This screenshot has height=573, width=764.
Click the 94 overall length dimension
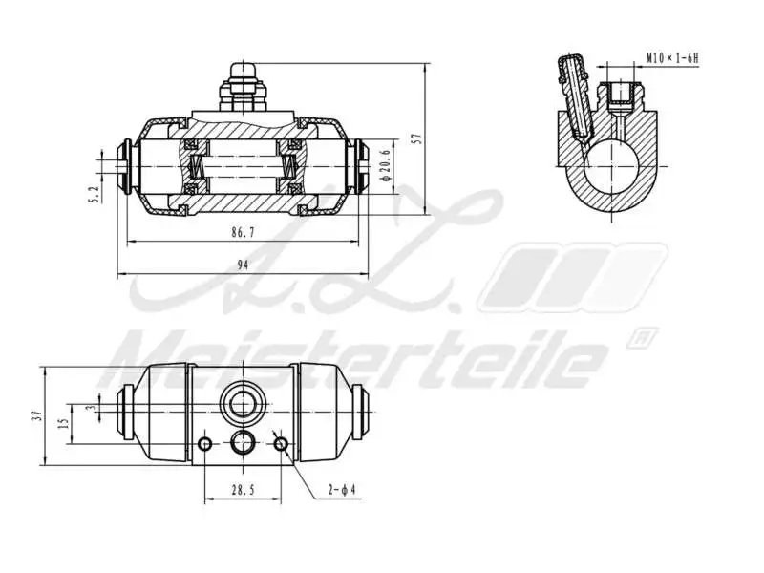pyautogui.click(x=244, y=266)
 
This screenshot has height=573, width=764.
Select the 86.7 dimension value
pyautogui.click(x=244, y=232)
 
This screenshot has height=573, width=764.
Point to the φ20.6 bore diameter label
pyautogui.click(x=385, y=163)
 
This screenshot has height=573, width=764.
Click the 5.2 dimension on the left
pyautogui.click(x=94, y=194)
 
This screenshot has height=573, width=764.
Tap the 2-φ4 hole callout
pyautogui.click(x=341, y=490)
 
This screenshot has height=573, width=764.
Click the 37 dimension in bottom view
pyautogui.click(x=35, y=414)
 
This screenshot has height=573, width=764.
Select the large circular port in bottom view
pyautogui.click(x=243, y=403)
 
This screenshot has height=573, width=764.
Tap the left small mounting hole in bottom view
pyautogui.click(x=205, y=444)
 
